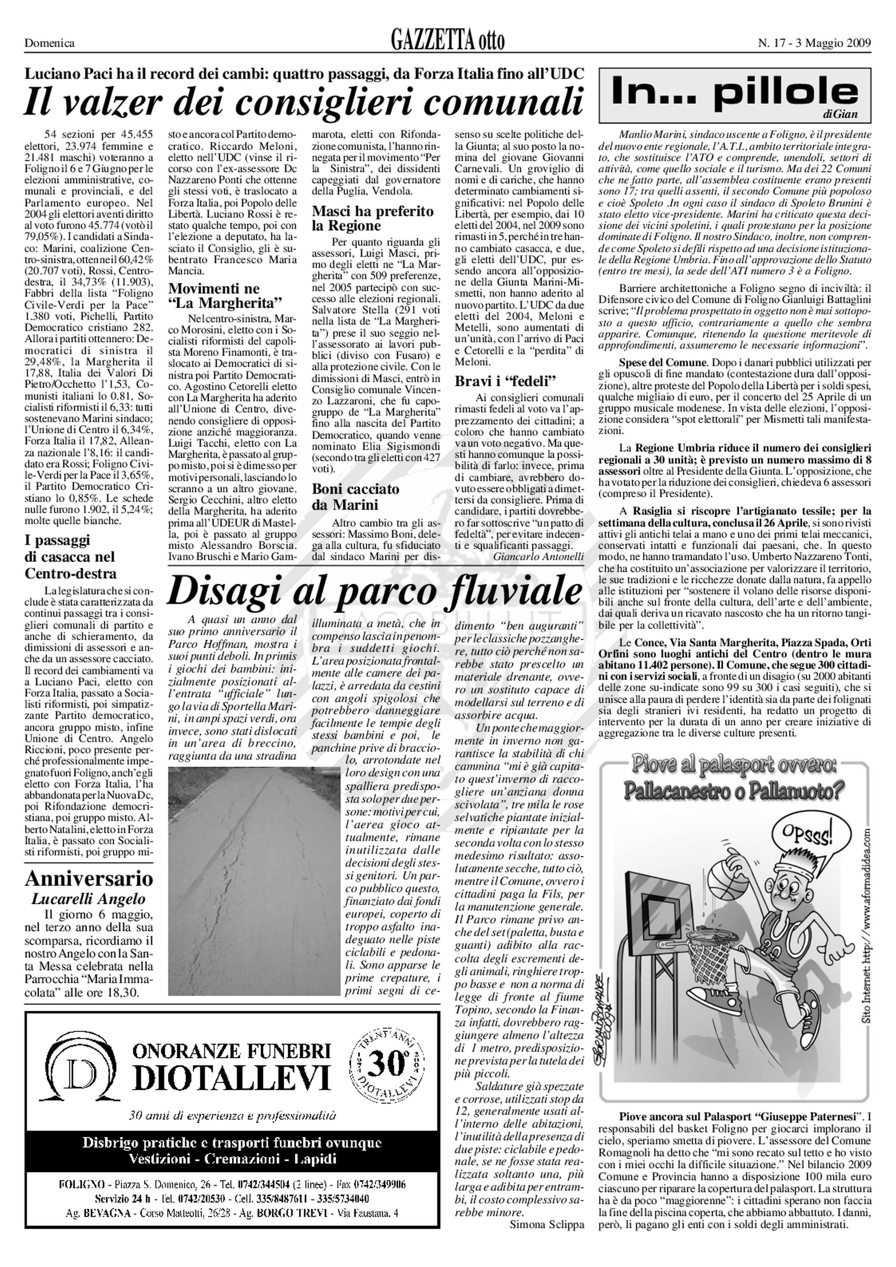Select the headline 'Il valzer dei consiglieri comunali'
pos(304,103)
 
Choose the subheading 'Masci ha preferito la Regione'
pos(373,219)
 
